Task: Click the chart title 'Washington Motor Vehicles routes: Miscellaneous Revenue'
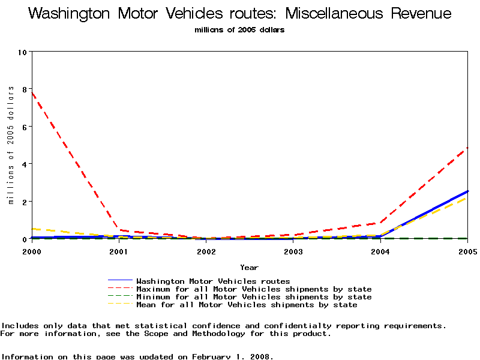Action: click(x=239, y=14)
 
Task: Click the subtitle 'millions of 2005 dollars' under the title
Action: click(x=239, y=30)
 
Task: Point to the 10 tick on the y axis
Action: click(x=23, y=52)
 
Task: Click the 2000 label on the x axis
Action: click(x=31, y=252)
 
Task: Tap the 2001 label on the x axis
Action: click(x=119, y=252)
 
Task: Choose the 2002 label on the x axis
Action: click(x=206, y=252)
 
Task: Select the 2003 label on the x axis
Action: click(x=293, y=252)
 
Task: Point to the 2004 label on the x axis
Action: click(x=380, y=252)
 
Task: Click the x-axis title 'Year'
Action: click(x=249, y=268)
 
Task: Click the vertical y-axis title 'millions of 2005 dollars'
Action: click(x=11, y=145)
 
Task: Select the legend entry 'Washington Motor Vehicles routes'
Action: click(x=213, y=281)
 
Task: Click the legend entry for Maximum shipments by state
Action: click(x=254, y=289)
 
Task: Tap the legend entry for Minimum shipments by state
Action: click(x=254, y=297)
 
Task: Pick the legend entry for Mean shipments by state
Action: click(x=247, y=305)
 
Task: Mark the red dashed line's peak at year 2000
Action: click(x=32, y=92)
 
